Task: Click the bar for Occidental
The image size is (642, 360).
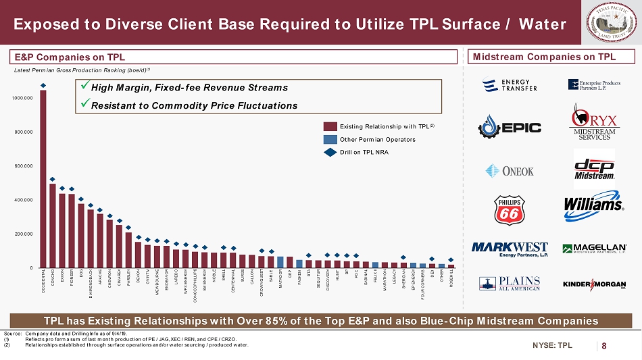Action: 43,179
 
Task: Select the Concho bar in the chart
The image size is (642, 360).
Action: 53,226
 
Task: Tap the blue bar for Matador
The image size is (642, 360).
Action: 280,261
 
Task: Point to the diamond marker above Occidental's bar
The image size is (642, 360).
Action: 43,85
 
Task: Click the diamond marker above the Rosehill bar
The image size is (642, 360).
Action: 451,259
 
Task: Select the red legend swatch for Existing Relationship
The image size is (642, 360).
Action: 330,126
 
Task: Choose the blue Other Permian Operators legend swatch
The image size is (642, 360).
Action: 330,139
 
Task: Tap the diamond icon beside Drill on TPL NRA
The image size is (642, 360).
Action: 330,152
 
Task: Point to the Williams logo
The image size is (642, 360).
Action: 593,204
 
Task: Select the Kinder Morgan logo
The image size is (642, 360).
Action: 593,284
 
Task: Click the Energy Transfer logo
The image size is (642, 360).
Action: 510,85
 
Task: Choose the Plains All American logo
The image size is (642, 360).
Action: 510,284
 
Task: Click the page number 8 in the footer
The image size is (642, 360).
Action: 603,346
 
